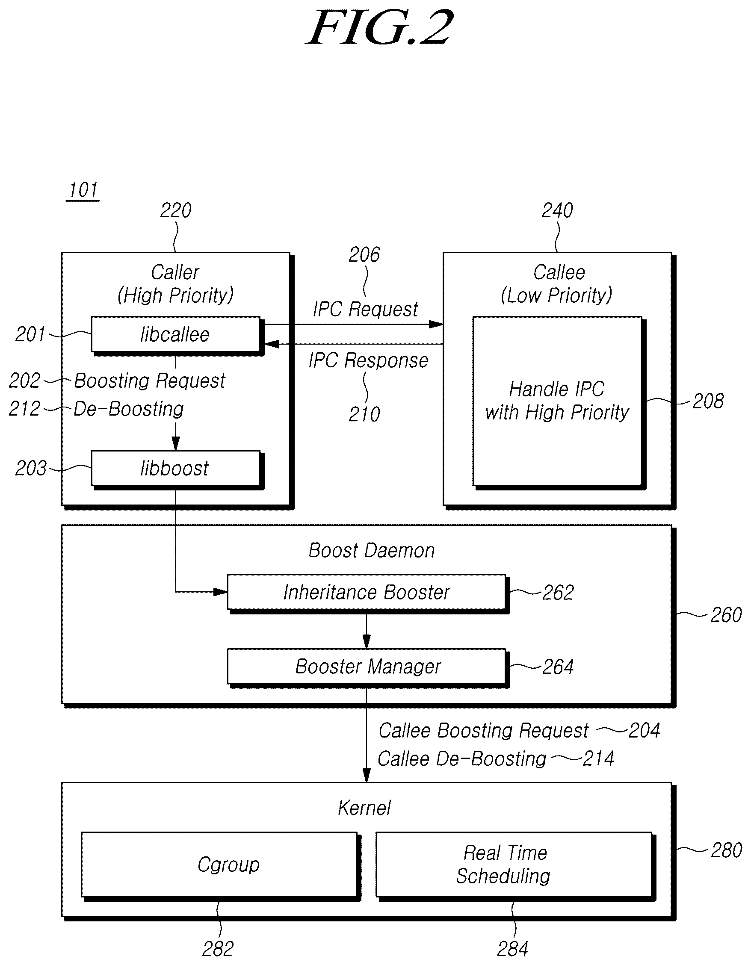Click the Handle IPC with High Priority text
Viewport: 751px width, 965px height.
pyautogui.click(x=557, y=401)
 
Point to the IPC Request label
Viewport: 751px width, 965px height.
pyautogui.click(x=365, y=309)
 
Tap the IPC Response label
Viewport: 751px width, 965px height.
pyautogui.click(x=368, y=360)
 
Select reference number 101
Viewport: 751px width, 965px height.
pyautogui.click(x=83, y=190)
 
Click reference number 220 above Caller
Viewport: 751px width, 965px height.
pyautogui.click(x=175, y=210)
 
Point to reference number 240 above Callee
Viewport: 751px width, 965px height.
pyautogui.click(x=557, y=210)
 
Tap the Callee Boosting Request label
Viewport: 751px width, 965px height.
pyautogui.click(x=484, y=731)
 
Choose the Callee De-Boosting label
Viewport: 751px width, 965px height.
pyautogui.click(x=462, y=759)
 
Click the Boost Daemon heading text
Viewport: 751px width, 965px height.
pyautogui.click(x=371, y=551)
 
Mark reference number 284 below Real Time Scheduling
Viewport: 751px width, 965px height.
pyautogui.click(x=513, y=949)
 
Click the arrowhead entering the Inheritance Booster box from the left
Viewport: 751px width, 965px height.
pyautogui.click(x=221, y=592)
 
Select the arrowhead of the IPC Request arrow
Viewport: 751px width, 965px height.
pyautogui.click(x=436, y=325)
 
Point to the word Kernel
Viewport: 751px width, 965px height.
pyautogui.click(x=364, y=808)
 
